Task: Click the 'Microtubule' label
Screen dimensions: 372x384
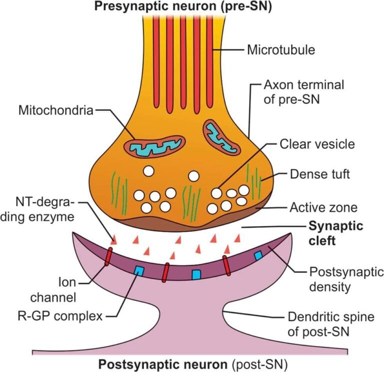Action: coord(280,50)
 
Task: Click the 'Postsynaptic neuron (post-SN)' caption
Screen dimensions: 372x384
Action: coord(192,363)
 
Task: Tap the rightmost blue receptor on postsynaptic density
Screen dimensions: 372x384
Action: coord(258,255)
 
